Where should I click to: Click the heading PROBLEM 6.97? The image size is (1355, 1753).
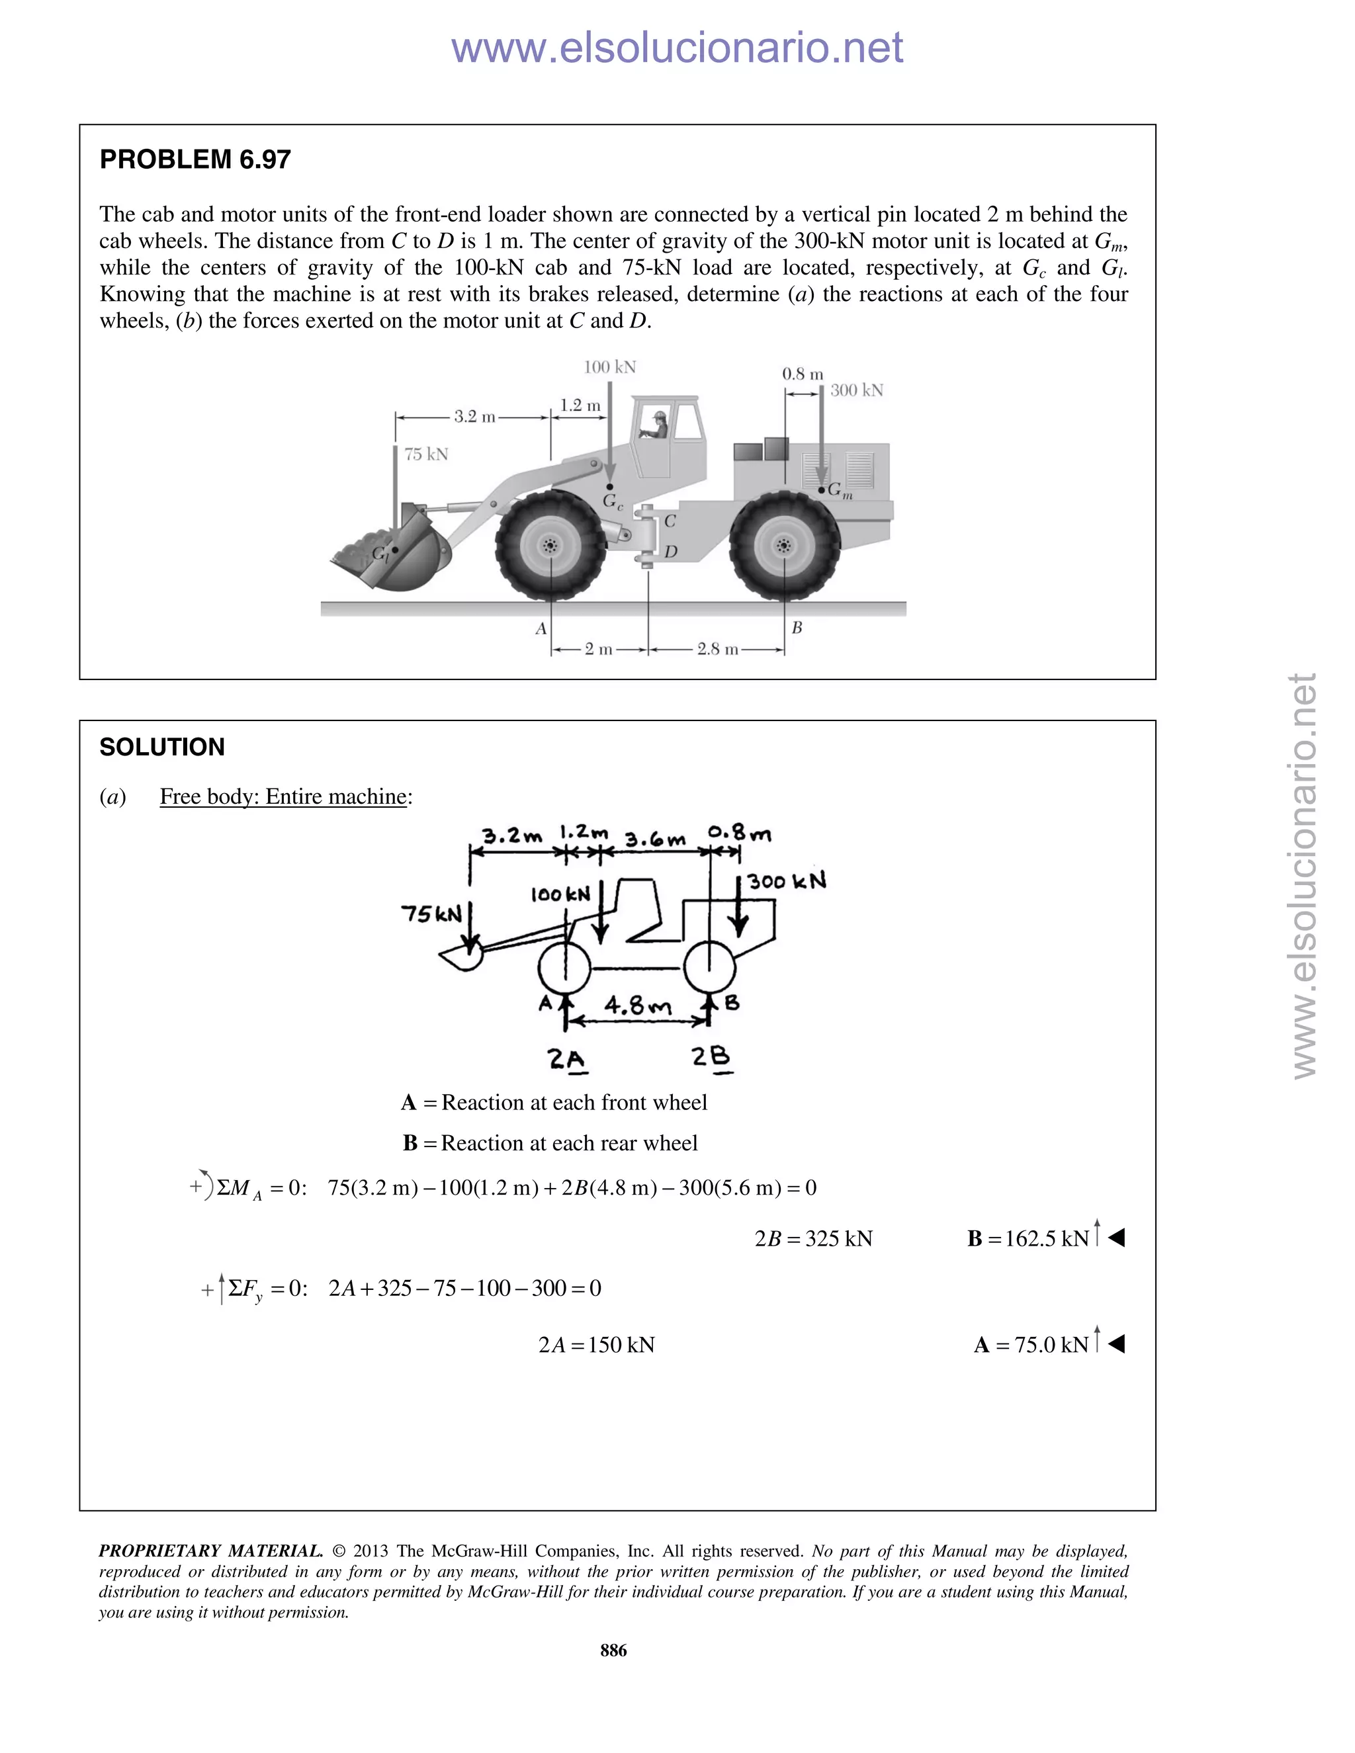click(x=195, y=159)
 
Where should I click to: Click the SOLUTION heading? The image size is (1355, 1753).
click(x=162, y=748)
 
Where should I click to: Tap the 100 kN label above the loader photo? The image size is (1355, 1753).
click(x=610, y=368)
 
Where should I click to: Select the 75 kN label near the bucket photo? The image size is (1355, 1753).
click(x=426, y=454)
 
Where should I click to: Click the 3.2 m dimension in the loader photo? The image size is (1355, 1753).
click(x=475, y=417)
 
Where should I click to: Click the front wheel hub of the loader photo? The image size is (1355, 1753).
click(x=550, y=546)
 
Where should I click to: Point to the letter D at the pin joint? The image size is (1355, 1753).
click(x=671, y=552)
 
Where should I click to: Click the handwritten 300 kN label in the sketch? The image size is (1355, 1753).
click(x=787, y=881)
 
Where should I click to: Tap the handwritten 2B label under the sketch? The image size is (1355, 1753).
click(x=712, y=1058)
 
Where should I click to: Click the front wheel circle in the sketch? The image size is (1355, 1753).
click(x=564, y=970)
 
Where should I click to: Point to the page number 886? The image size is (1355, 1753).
click(x=613, y=1650)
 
